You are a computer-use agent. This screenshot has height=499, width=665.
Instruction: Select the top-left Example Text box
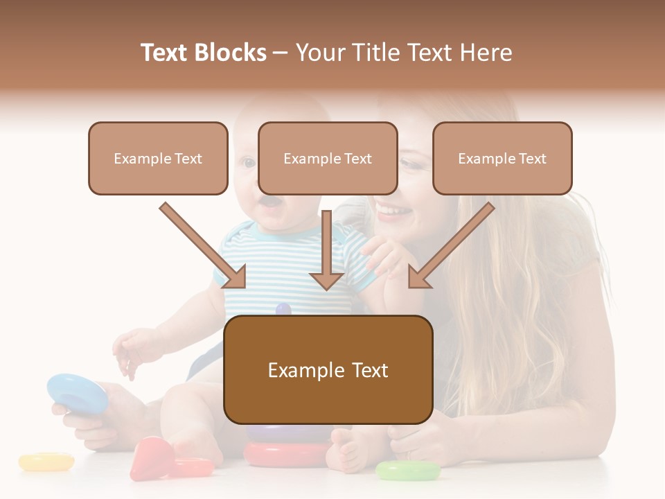click(158, 159)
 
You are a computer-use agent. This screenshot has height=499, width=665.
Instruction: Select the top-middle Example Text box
click(328, 159)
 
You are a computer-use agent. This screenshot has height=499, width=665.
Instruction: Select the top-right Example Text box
click(502, 159)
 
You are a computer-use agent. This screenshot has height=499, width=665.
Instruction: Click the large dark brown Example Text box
click(328, 370)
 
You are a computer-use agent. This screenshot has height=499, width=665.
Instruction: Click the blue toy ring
click(76, 392)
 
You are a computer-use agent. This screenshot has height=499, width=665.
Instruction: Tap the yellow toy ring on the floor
click(46, 462)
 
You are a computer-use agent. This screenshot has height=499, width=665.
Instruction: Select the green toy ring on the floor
click(407, 471)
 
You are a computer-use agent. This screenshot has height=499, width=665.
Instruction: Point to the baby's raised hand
click(132, 350)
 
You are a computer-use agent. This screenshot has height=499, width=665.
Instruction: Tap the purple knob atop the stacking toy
click(283, 309)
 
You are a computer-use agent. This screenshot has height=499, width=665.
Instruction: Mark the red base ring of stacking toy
click(286, 455)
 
